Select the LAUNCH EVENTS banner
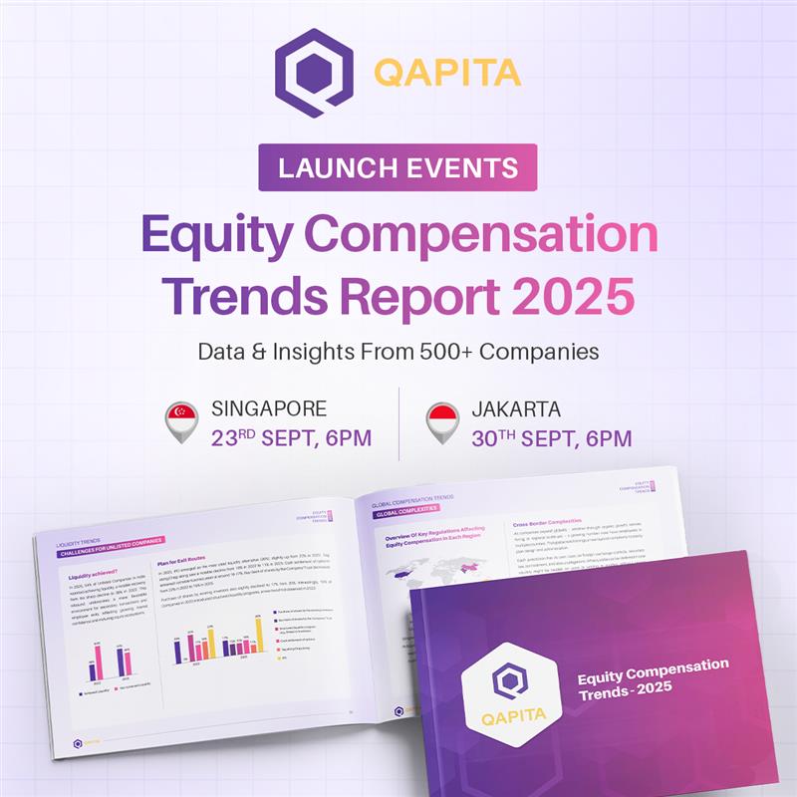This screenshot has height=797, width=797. coord(398,167)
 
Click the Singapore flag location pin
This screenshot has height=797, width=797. coord(181,419)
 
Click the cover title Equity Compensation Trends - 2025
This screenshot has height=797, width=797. coord(653,677)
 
